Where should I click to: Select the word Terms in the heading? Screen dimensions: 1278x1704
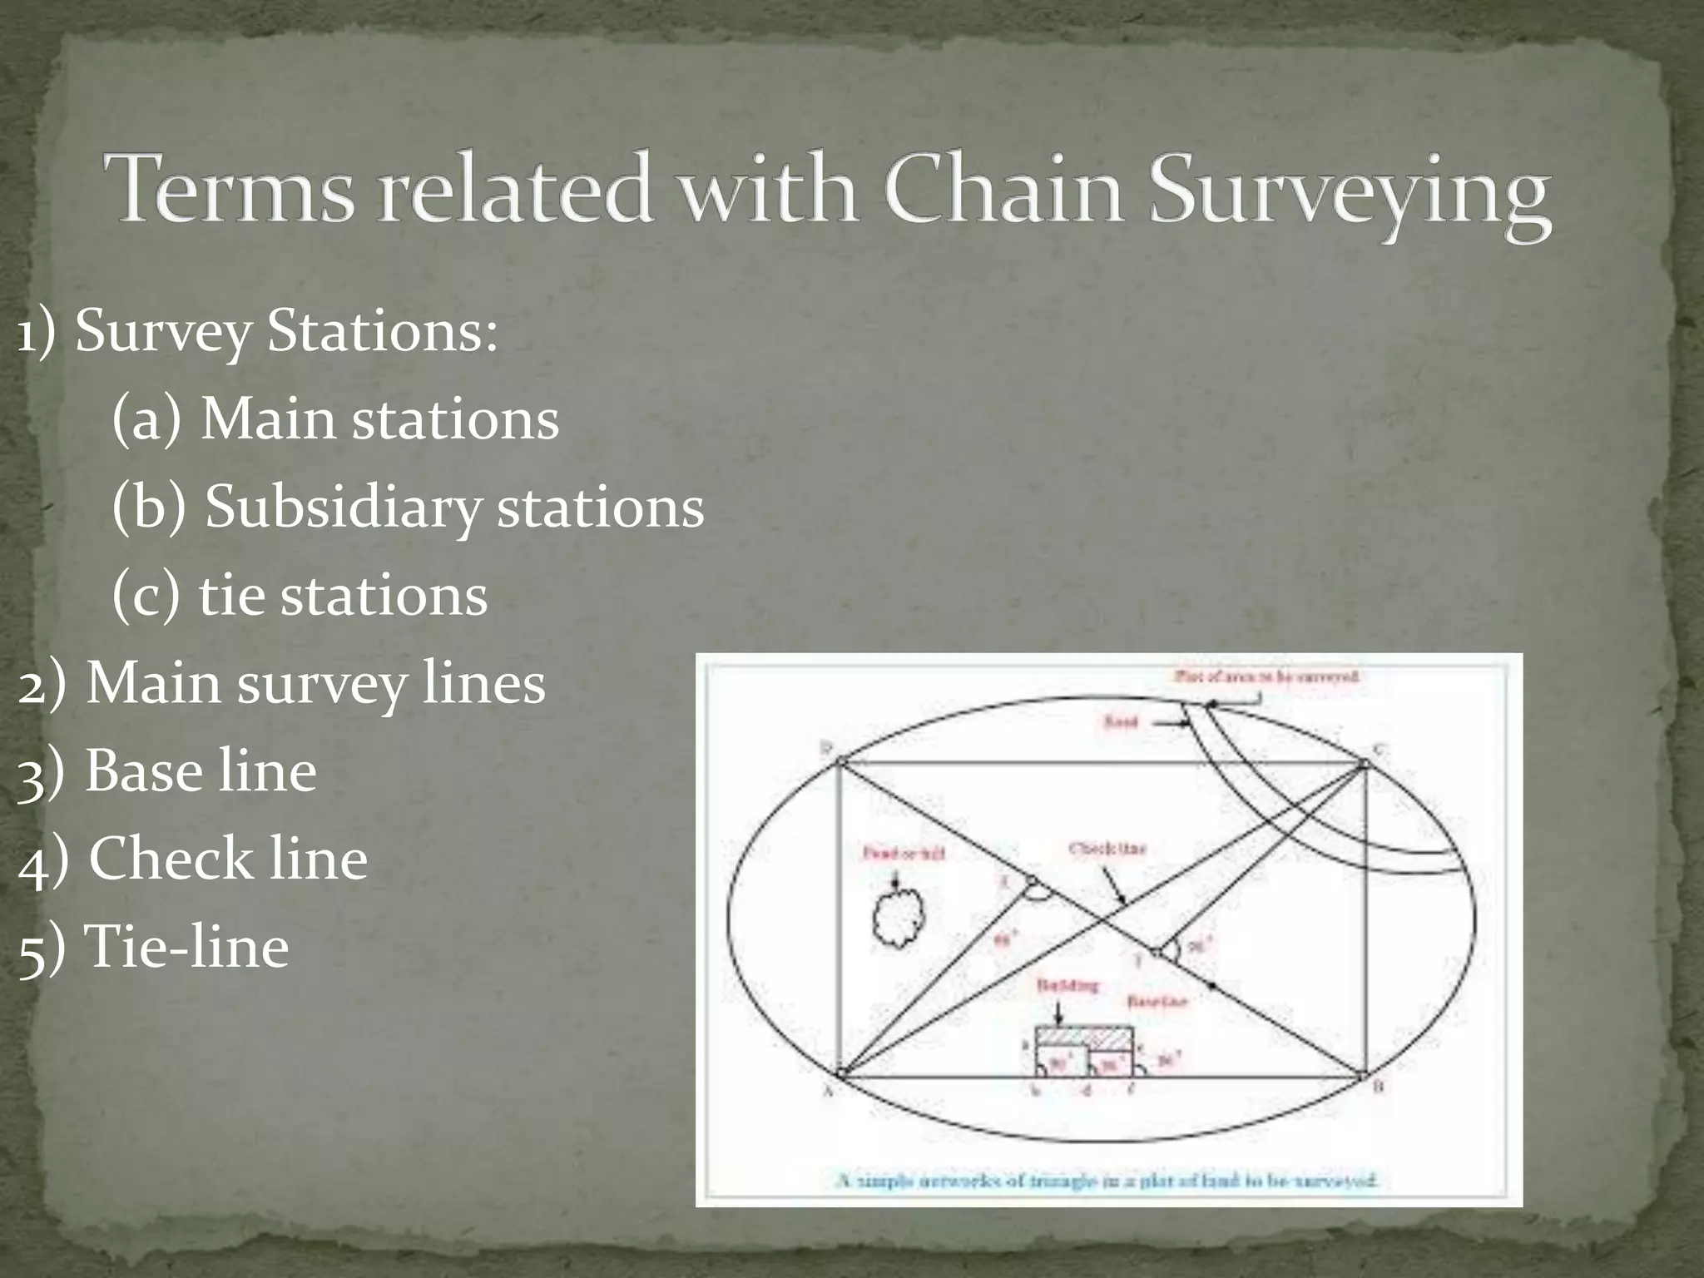click(x=235, y=187)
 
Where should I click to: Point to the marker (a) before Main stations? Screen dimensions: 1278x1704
click(x=146, y=419)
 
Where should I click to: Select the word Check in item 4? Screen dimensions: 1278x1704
click(x=166, y=859)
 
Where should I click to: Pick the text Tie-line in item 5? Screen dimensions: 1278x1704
click(x=187, y=947)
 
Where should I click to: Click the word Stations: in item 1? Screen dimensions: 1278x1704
click(x=382, y=331)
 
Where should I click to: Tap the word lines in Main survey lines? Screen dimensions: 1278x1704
click(x=483, y=684)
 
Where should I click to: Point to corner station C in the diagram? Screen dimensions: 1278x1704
click(x=1365, y=763)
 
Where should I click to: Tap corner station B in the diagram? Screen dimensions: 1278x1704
click(x=1364, y=1077)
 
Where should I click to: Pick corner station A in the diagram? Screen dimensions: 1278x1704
click(x=840, y=1075)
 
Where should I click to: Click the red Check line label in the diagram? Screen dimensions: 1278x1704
click(x=1107, y=850)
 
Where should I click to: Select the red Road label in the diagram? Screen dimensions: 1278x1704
click(x=1121, y=722)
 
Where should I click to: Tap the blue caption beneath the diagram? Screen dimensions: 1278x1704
click(x=1107, y=1180)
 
